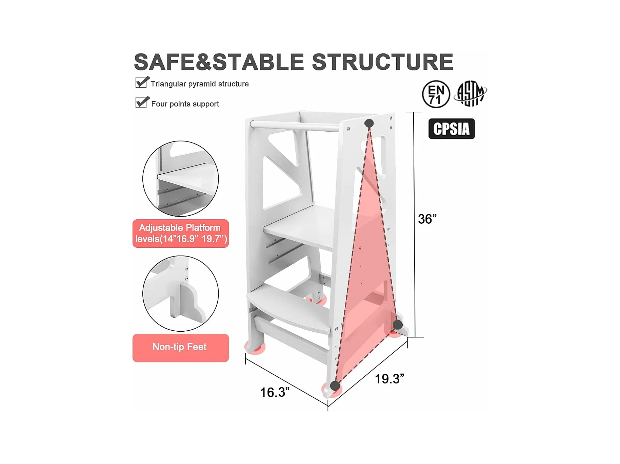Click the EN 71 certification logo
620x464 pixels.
[x=436, y=94]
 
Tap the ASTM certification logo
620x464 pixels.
[x=472, y=93]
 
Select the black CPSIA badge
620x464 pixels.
[x=452, y=129]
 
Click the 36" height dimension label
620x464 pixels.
[x=427, y=219]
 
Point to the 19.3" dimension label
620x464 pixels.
[x=389, y=379]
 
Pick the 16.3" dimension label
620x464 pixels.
[x=275, y=392]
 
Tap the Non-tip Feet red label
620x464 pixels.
[x=181, y=348]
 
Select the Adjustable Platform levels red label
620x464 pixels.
[x=181, y=234]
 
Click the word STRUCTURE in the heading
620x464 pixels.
[x=382, y=62]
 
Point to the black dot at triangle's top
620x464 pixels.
[x=369, y=123]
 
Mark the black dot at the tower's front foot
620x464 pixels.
[x=335, y=386]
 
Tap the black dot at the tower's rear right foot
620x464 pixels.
[x=398, y=325]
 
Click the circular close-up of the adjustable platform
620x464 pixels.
[x=181, y=179]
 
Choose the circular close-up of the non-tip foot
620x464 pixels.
[x=181, y=293]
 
